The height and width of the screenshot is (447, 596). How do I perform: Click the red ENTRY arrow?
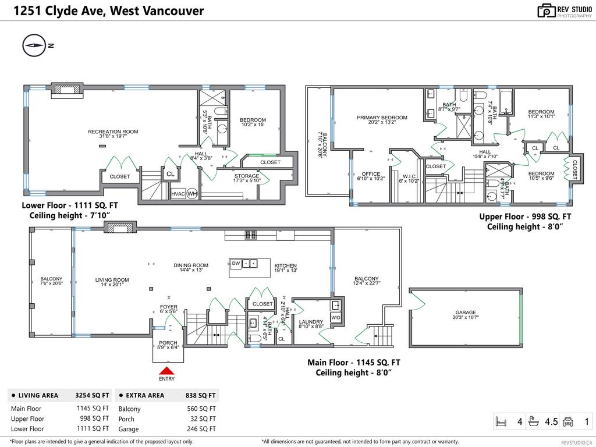(166, 371)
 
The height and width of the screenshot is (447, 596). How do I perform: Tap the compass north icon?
(34, 45)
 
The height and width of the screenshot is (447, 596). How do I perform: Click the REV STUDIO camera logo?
(546, 10)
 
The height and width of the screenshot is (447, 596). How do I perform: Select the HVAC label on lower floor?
(178, 194)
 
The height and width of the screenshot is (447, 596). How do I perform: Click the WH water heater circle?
(192, 194)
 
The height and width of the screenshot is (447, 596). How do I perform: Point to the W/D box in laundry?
(336, 318)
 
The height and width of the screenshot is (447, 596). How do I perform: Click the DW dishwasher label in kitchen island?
(236, 263)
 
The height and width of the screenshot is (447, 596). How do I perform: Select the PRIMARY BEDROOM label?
(382, 118)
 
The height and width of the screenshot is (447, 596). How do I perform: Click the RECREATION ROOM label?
(113, 132)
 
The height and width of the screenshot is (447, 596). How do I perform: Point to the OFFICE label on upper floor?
(371, 173)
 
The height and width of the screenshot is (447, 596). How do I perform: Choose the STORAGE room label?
(247, 176)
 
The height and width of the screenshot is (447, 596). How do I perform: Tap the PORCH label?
(168, 343)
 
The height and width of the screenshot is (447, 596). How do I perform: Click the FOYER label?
(169, 307)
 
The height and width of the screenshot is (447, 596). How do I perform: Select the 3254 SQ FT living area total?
(92, 395)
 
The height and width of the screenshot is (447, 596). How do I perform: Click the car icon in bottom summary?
(569, 421)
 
